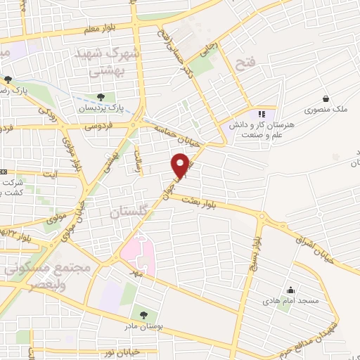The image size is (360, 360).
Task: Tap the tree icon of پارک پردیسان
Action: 103,97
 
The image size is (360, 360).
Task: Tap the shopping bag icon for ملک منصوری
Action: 326,99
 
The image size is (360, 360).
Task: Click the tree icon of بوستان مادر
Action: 143,314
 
